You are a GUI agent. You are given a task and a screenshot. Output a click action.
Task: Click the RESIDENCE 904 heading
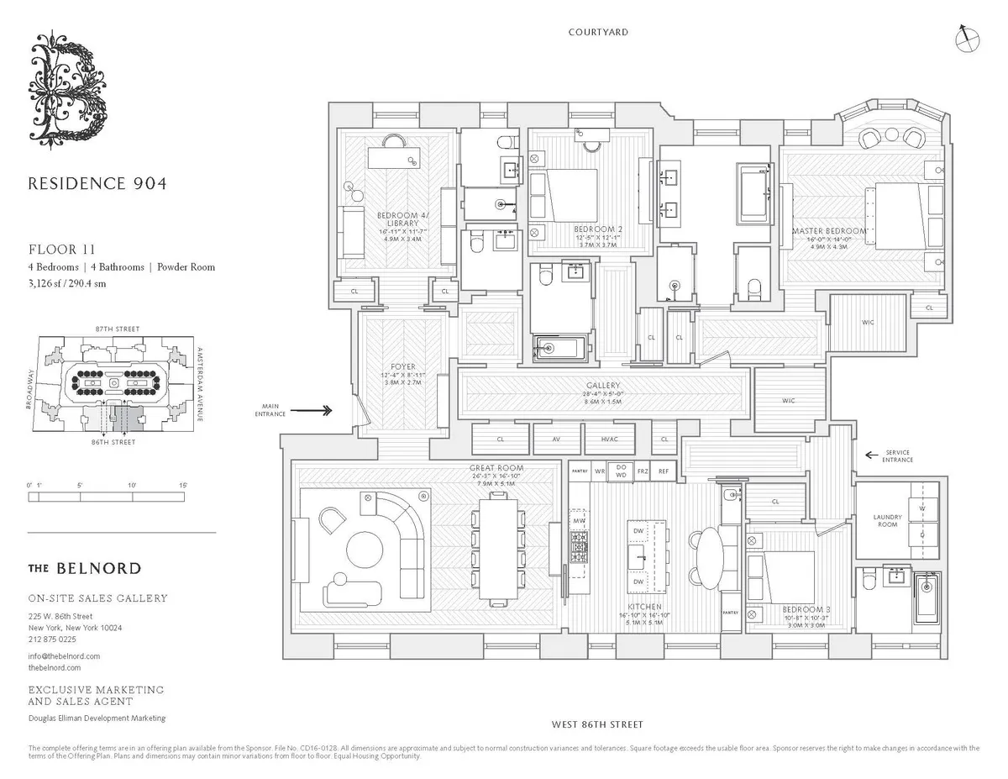(97, 183)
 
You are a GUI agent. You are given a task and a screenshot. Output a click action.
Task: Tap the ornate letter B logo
(69, 92)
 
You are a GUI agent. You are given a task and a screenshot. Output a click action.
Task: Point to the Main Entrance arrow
(315, 411)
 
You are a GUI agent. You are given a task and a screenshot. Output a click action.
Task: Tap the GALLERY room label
(603, 387)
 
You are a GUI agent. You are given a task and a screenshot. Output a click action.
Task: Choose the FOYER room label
(391, 366)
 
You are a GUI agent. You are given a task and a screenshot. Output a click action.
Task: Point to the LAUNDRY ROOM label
(887, 520)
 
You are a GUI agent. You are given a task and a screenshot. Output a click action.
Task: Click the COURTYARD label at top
(598, 33)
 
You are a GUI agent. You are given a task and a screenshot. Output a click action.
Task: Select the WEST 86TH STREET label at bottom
(597, 724)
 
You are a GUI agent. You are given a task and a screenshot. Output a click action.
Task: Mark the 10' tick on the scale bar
(132, 497)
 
